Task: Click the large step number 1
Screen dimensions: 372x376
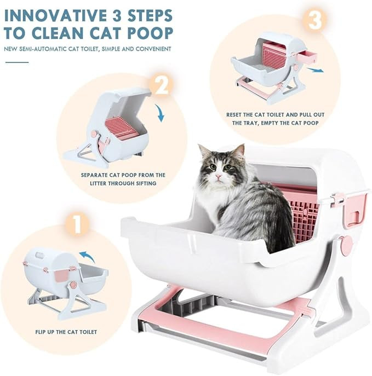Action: pos(77,224)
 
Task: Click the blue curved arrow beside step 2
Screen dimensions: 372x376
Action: pos(160,113)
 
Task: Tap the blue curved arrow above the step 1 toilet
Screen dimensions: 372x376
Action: pos(87,256)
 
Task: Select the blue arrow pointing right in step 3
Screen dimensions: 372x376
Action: pos(315,70)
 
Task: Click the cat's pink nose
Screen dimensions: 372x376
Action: pos(218,177)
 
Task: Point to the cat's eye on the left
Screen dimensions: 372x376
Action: pos(213,167)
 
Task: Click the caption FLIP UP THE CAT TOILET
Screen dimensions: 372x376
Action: pos(66,332)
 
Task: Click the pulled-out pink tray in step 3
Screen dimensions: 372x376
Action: pos(307,56)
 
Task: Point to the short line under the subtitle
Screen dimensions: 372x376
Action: pos(17,62)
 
